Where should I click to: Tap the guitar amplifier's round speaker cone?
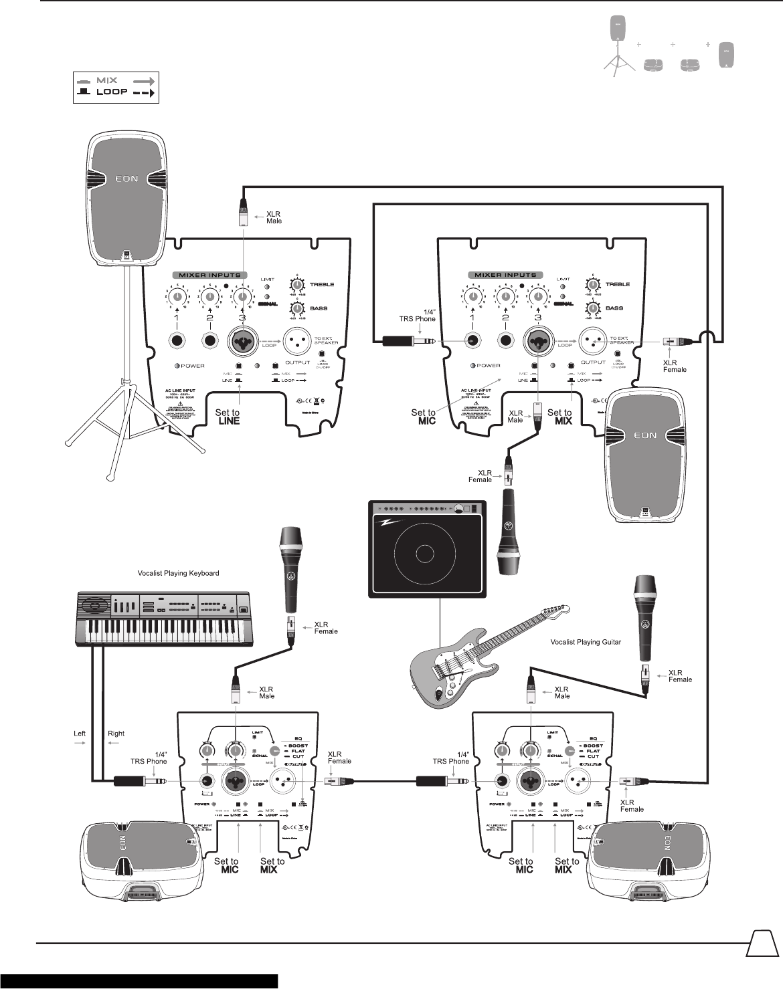click(424, 554)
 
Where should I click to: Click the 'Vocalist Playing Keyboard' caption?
click(178, 573)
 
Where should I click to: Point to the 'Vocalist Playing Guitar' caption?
click(586, 642)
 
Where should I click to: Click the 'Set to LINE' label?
click(228, 417)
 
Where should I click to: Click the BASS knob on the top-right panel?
click(592, 308)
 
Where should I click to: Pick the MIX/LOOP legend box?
click(116, 86)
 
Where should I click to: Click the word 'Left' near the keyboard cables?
click(80, 734)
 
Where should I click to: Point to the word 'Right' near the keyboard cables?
click(116, 734)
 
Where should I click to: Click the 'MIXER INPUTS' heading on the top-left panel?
click(209, 275)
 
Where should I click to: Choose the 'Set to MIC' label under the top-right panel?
click(424, 417)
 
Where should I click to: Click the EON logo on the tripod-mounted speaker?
click(126, 179)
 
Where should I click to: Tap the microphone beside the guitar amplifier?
click(508, 531)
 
